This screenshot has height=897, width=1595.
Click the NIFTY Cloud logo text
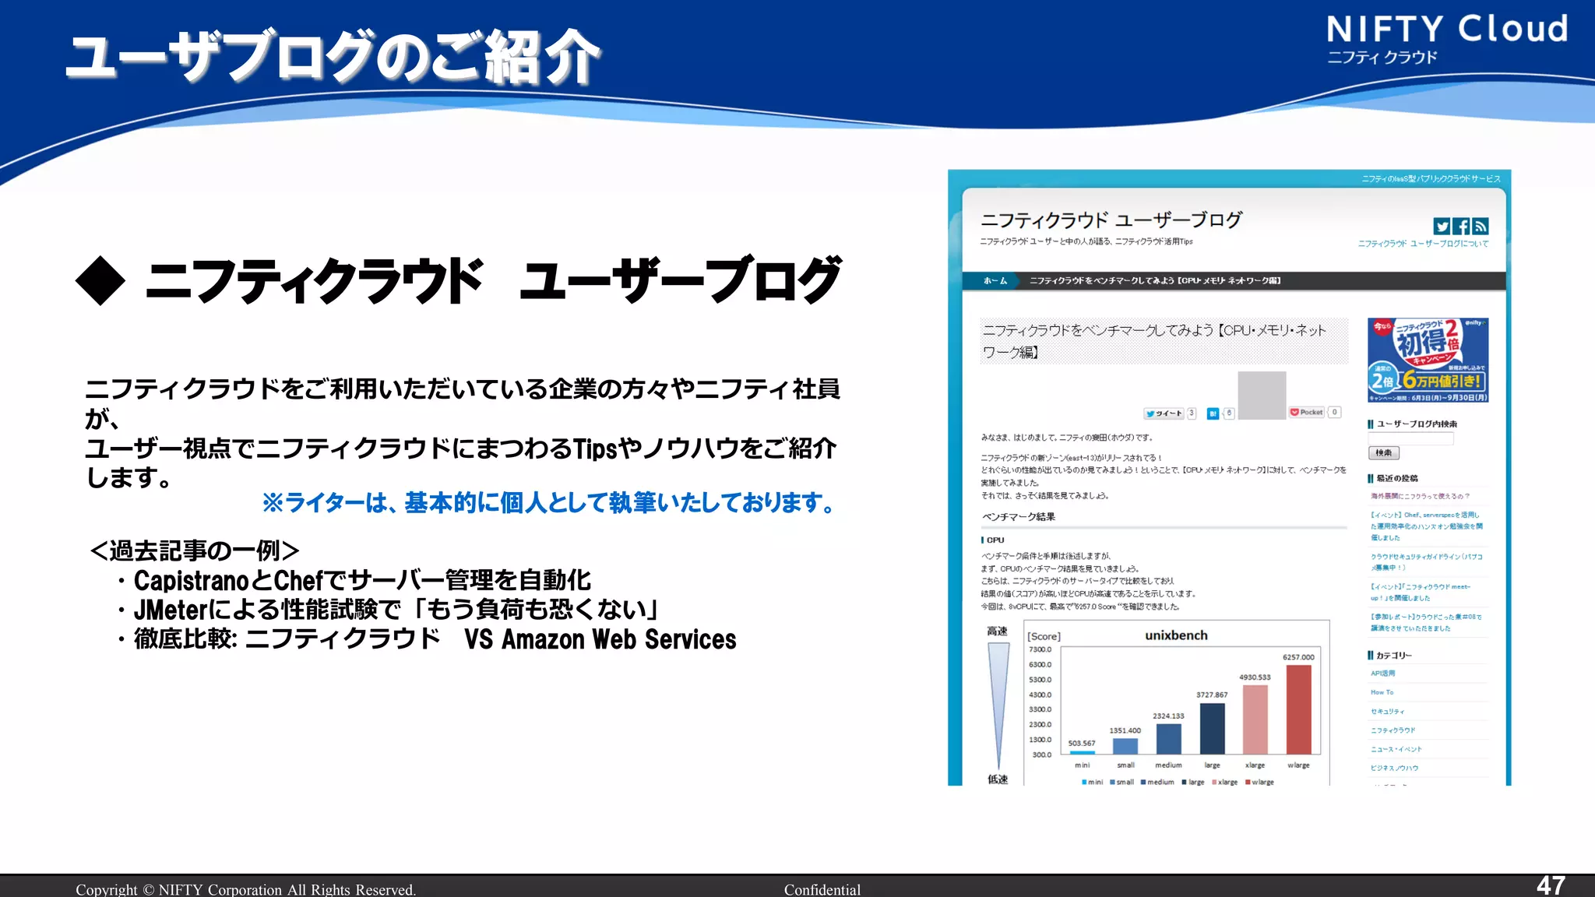point(1447,30)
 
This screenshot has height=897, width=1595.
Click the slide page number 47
point(1551,885)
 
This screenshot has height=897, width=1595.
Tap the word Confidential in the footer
point(822,889)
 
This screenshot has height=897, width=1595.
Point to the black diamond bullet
point(100,281)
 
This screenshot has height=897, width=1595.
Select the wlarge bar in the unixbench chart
point(1298,709)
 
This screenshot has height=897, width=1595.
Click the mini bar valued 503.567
point(1083,752)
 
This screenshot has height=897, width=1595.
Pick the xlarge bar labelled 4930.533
point(1255,719)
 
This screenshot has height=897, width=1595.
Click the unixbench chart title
point(1176,635)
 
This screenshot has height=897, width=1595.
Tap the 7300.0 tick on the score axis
point(1040,649)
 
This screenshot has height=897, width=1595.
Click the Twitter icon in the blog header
point(1442,227)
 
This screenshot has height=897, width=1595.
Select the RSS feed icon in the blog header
point(1481,227)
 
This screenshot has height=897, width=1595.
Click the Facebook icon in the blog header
point(1461,227)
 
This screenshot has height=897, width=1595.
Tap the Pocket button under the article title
point(1307,413)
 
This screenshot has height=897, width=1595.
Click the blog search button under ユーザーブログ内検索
point(1383,452)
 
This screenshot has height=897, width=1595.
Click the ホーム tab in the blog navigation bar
point(995,281)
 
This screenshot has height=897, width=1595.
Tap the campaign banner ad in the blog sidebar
point(1428,360)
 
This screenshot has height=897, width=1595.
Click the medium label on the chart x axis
point(1168,765)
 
